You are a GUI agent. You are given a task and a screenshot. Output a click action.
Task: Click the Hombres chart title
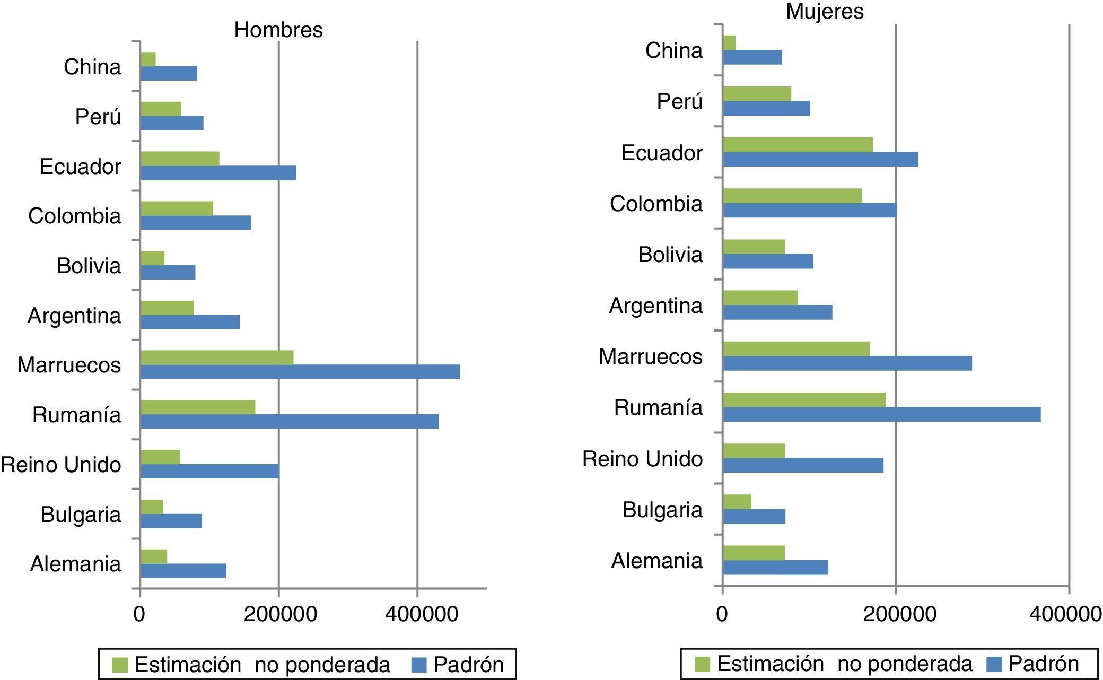(278, 30)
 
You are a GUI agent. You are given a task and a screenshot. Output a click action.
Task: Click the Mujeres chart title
(825, 11)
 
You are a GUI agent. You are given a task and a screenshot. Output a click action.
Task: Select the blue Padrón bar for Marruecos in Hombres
(300, 372)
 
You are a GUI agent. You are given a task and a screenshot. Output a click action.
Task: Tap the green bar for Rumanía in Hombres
(198, 407)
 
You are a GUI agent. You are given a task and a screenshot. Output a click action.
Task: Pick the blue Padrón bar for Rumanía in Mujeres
(881, 414)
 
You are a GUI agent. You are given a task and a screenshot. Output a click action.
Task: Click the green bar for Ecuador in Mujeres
(798, 144)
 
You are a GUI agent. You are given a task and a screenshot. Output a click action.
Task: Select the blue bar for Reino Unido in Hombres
(209, 471)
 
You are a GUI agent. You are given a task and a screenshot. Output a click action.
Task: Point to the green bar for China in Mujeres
(729, 43)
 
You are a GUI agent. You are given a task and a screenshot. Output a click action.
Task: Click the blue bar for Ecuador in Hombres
(218, 173)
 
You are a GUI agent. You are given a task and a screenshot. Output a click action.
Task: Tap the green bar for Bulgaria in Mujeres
(737, 502)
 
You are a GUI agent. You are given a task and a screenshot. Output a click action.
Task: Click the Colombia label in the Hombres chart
(75, 216)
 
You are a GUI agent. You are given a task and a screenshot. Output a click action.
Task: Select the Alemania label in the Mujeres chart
(656, 561)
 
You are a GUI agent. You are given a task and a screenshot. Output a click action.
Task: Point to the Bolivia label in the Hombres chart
(89, 265)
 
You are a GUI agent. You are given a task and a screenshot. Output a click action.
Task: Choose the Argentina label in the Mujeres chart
(655, 306)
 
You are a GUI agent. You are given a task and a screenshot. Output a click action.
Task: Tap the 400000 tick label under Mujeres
(1066, 614)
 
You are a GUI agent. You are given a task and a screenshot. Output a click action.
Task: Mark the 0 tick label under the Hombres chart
(139, 614)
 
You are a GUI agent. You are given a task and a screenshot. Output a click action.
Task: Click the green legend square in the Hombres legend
(120, 665)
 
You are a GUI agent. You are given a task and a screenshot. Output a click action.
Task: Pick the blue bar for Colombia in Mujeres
(810, 211)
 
